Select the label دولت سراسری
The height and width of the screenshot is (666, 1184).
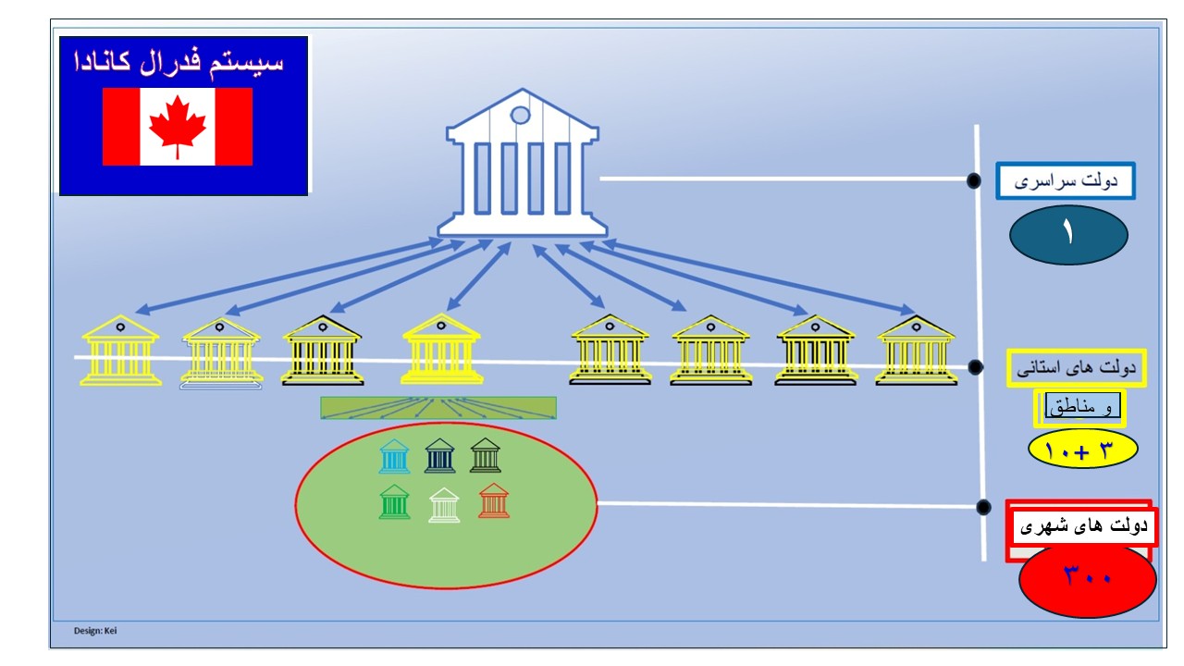pos(1066,180)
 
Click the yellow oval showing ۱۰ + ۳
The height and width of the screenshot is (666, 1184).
pos(1082,449)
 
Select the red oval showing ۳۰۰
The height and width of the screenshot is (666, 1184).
pos(1087,580)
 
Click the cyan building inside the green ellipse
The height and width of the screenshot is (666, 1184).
pos(394,456)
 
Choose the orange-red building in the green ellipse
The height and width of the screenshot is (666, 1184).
pos(494,500)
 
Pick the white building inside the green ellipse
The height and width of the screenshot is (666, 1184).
pos(444,505)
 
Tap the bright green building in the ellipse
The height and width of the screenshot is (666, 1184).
pos(395,502)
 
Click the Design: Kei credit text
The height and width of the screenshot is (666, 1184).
pos(95,631)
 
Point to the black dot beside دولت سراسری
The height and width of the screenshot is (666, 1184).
pos(973,180)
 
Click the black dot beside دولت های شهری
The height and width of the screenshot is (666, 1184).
pos(984,506)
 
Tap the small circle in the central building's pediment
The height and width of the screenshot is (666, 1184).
pos(521,115)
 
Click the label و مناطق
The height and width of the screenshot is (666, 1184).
pos(1079,407)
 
